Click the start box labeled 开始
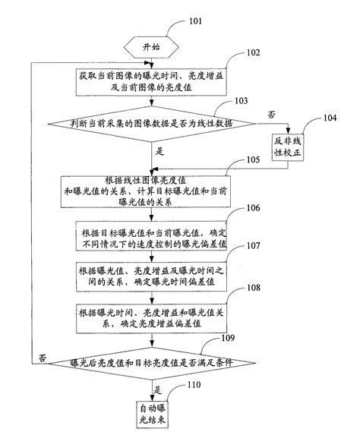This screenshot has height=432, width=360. (152, 48)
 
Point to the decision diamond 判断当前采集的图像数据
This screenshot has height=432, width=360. (152, 122)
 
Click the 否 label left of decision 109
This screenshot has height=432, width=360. (43, 357)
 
